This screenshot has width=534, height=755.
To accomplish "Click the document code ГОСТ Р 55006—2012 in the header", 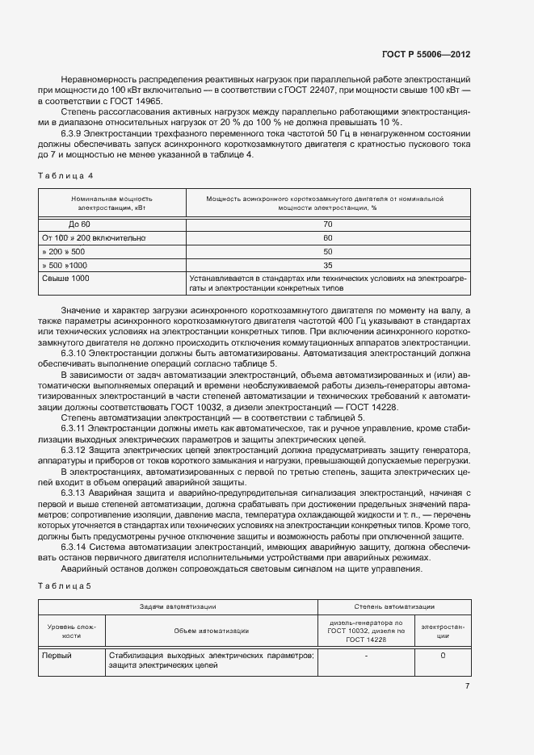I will coord(426,54).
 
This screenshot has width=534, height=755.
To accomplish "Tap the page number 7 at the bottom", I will coord(467,686).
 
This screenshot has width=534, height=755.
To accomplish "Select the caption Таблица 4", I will coord(65,175).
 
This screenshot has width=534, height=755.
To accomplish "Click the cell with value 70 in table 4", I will coord(327,224).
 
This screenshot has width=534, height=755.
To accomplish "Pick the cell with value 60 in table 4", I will coord(327,237).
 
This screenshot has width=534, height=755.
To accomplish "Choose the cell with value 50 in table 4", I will coord(327,251).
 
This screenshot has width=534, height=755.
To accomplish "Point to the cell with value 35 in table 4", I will coord(327,265).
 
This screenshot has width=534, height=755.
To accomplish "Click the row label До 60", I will coord(79,224).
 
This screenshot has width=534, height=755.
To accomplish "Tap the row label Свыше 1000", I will coord(65,278).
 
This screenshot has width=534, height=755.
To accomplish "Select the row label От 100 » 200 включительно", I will coord(93,237).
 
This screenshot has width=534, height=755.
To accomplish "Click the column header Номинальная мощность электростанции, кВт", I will coord(111,202).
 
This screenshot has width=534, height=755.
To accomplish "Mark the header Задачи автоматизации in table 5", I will coord(177,606).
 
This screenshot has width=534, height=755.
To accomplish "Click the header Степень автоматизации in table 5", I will coord(394,606).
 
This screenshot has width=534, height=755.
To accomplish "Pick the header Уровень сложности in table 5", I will coord(72,631).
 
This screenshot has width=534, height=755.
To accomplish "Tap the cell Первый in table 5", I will coord(57,656).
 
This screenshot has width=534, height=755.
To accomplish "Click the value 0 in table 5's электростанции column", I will coord(443,656).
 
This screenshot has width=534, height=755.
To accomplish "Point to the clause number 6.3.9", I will coord(74,132).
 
